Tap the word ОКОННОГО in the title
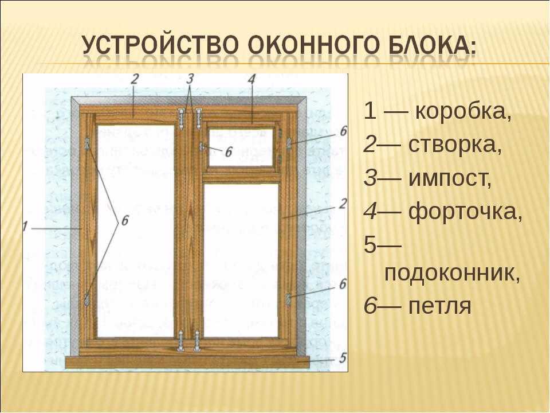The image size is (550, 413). pyautogui.click(x=313, y=45)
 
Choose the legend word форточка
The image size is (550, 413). pyautogui.click(x=465, y=212)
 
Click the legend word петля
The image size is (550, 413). pyautogui.click(x=440, y=306)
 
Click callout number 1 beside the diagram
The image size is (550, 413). pyautogui.click(x=25, y=226)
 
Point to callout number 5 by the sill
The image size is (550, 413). pyautogui.click(x=343, y=357)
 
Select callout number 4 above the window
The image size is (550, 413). pyautogui.click(x=252, y=80)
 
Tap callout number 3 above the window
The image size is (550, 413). pyautogui.click(x=190, y=79)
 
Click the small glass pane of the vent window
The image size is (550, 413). pyautogui.click(x=241, y=147)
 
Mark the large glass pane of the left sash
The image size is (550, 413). pyautogui.click(x=136, y=231)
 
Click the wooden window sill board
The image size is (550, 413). pyautogui.click(x=188, y=362)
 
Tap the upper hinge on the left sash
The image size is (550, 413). pyautogui.click(x=87, y=144)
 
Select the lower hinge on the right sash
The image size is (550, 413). pyautogui.click(x=289, y=299)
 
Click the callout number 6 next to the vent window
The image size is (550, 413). pyautogui.click(x=229, y=153)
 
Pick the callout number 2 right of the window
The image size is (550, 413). pyautogui.click(x=343, y=204)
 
